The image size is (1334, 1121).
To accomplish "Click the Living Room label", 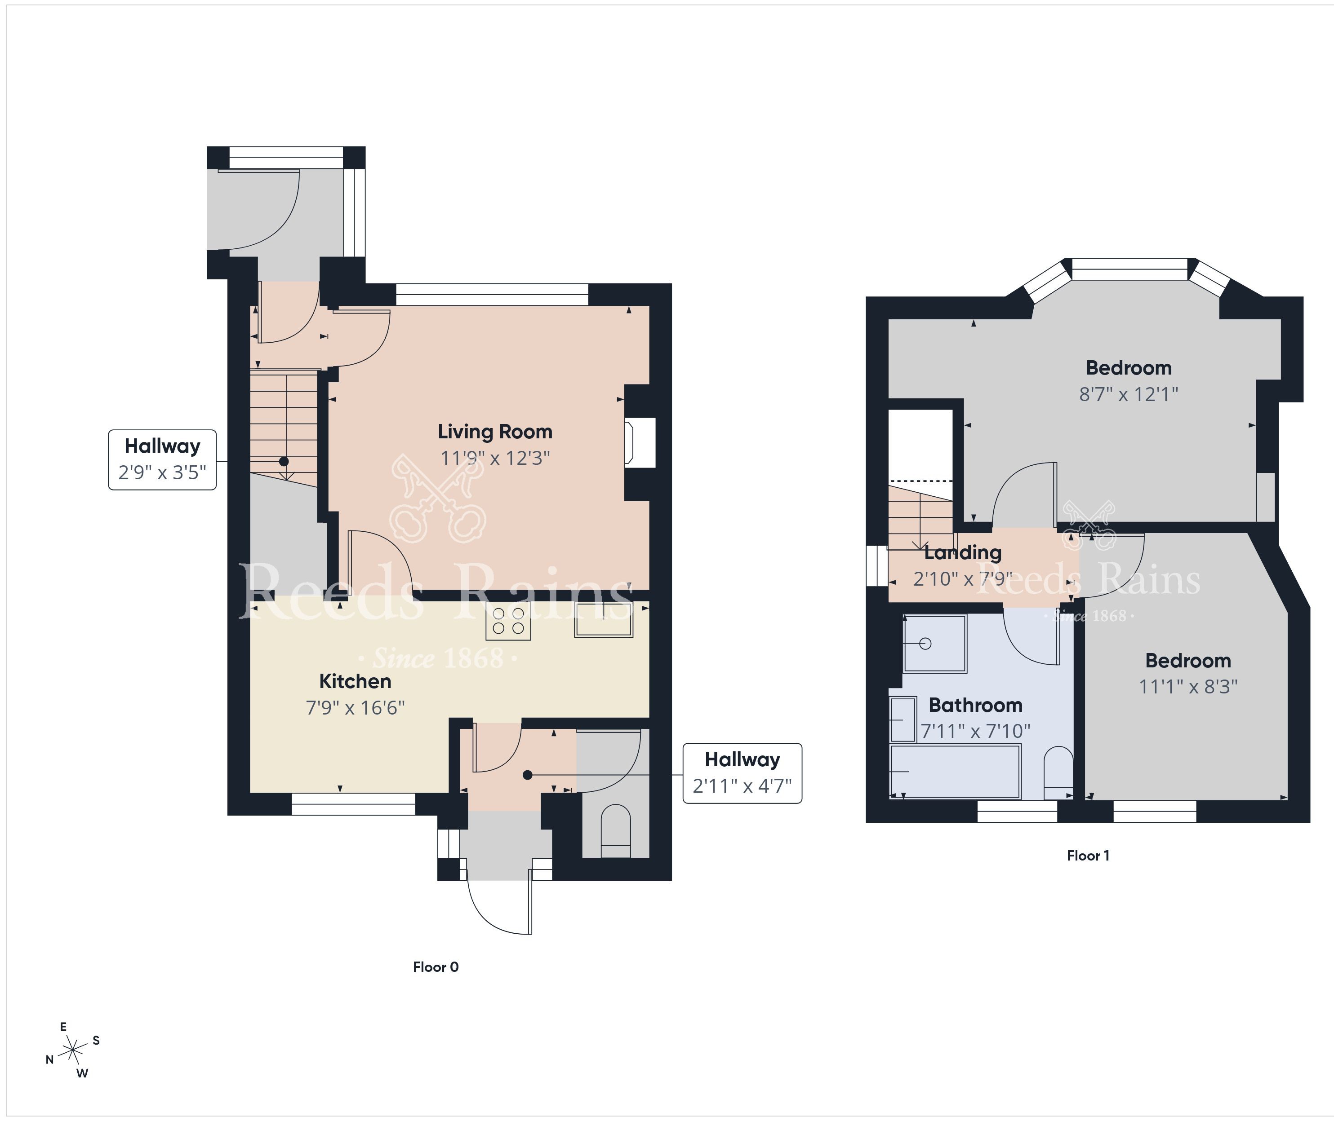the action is pos(495,432).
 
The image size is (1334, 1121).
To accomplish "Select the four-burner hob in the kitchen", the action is pos(508,622).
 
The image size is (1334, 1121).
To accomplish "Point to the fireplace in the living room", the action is pos(640,443).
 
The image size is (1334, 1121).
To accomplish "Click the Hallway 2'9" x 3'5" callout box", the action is pos(162,459).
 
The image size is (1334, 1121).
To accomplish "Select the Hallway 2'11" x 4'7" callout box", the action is pos(742,773).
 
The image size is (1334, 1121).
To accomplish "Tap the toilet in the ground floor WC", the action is pos(615,831).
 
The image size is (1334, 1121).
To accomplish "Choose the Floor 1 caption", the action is pos(1088,856).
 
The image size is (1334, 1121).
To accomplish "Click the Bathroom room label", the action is pos(975,706).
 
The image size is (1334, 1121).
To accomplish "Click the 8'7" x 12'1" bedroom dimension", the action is pos(1129,395).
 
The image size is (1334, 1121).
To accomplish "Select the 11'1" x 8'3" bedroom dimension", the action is pos(1188,687).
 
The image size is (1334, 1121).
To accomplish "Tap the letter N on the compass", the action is pos(49,1059).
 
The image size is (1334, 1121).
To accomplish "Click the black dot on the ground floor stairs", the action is pos(284,461).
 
